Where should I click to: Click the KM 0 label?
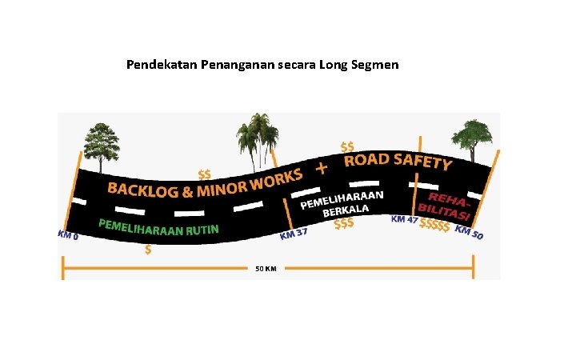pyautogui.click(x=67, y=235)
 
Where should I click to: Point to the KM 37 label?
pyautogui.click(x=294, y=234)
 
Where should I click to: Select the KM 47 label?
pyautogui.click(x=403, y=219)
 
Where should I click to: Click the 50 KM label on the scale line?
pyautogui.click(x=266, y=269)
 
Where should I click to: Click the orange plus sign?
pyautogui.click(x=322, y=168)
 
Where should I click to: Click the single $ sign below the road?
pyautogui.click(x=147, y=250)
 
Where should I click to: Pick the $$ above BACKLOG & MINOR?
pyautogui.click(x=205, y=174)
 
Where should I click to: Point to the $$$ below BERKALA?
pyautogui.click(x=344, y=224)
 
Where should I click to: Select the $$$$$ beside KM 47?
pyautogui.click(x=434, y=225)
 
